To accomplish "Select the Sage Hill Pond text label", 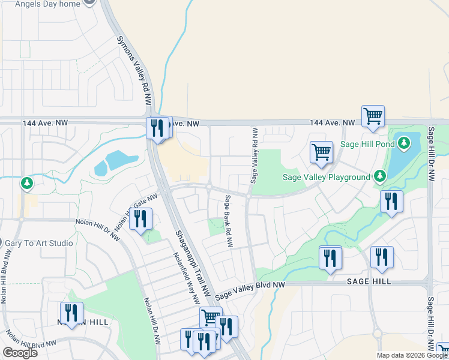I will click(367, 144).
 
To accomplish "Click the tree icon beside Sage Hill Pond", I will click(405, 143).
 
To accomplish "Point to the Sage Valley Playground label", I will click(327, 177).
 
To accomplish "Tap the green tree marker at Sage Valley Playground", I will click(379, 176).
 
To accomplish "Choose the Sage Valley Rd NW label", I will click(255, 155).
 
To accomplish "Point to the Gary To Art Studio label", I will click(39, 243).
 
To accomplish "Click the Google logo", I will click(20, 353).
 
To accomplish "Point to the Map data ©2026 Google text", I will click(412, 355).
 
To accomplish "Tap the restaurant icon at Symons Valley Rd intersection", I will click(158, 128).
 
